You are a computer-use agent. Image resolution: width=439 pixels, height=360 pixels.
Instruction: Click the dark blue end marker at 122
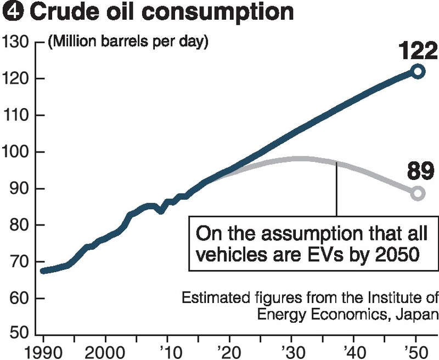418,71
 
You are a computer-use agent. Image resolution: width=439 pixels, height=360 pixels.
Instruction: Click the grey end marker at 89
418,193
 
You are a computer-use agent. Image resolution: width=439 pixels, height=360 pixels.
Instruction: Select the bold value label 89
421,172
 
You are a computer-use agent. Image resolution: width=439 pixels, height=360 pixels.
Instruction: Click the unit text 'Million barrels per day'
128,42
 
